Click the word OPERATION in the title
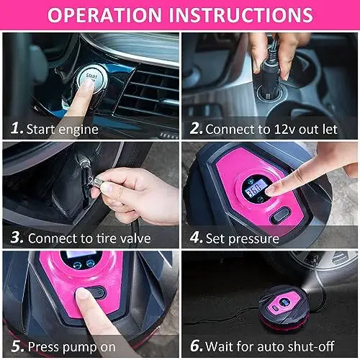point(104,15)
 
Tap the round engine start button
point(92,78)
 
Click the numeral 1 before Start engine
point(17,127)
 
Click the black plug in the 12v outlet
point(270,79)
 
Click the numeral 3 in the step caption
point(17,237)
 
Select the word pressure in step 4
point(254,240)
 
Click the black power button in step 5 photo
point(96,292)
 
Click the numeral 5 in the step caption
point(17,346)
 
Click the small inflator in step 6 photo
point(284,307)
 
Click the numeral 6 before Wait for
point(197,346)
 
